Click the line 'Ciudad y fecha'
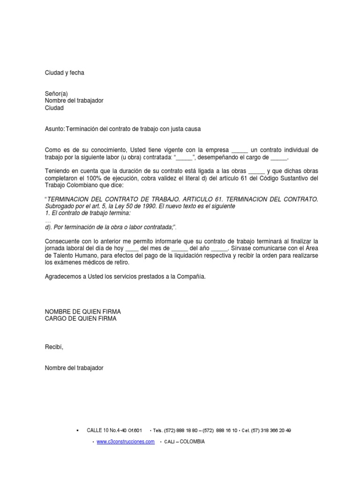[x=64, y=73]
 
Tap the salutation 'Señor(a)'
[x=56, y=94]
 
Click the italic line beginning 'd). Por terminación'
[x=110, y=227]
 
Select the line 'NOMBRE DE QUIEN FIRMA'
[x=86, y=312]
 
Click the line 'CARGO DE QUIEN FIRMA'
[x=81, y=319]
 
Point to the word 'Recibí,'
[x=54, y=347]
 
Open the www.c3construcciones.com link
[x=126, y=442]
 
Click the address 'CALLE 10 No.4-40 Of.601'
[x=114, y=430]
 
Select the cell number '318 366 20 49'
[x=275, y=430]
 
